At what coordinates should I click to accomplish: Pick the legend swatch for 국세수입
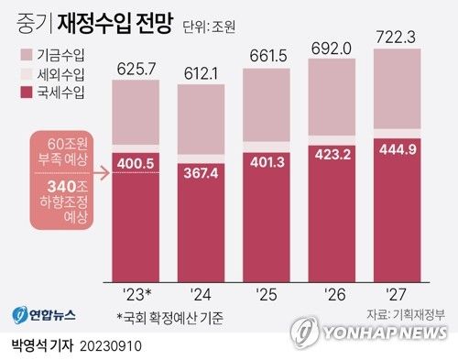tap(25, 92)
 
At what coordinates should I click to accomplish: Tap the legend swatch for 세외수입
tap(25, 74)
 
